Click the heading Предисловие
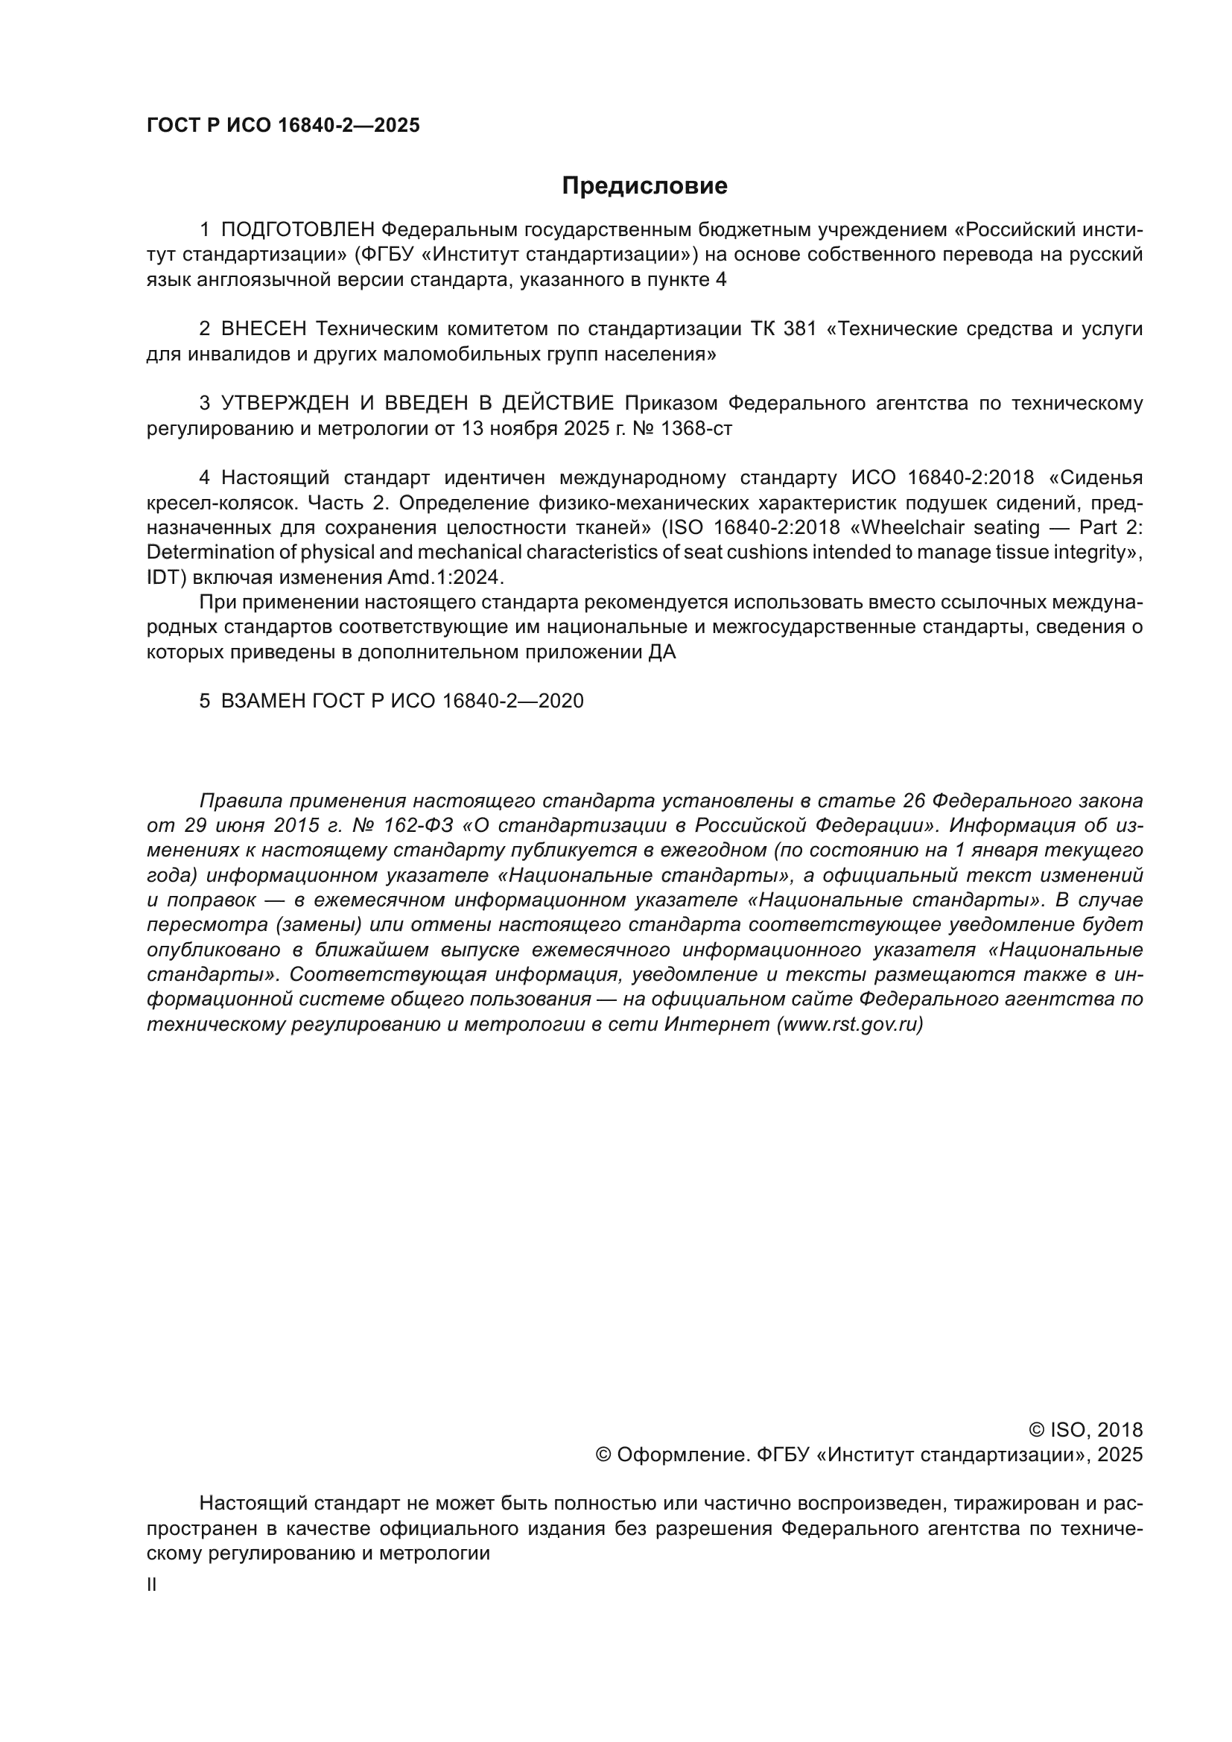pyautogui.click(x=644, y=186)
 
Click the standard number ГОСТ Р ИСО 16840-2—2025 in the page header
pyautogui.click(x=283, y=126)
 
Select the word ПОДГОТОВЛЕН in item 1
pyautogui.click(x=297, y=230)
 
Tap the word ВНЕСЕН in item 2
pyautogui.click(x=264, y=329)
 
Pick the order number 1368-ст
pyautogui.click(x=696, y=429)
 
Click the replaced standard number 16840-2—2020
pyautogui.click(x=512, y=701)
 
